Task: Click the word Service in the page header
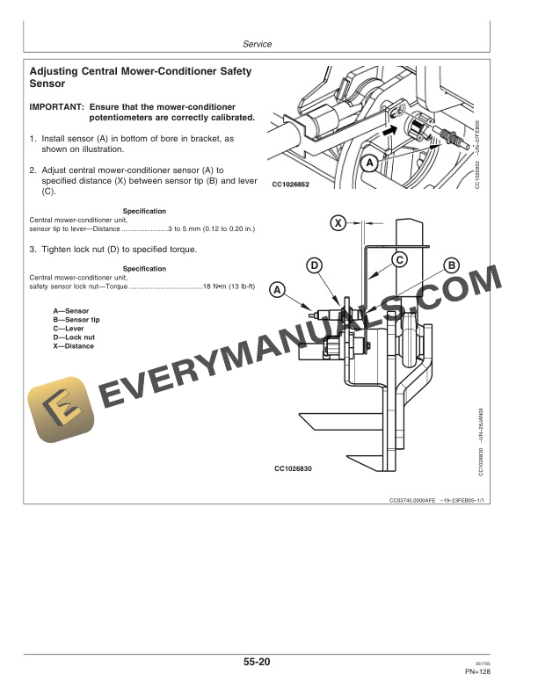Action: click(x=256, y=44)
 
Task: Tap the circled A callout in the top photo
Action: click(x=370, y=163)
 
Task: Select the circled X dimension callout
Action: click(x=338, y=223)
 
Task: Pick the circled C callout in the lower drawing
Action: click(x=398, y=259)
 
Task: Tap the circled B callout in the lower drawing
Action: click(x=451, y=265)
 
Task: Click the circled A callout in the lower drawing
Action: click(x=278, y=288)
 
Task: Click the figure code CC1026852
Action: click(x=292, y=185)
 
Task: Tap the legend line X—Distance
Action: click(x=73, y=346)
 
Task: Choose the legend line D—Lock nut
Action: click(x=74, y=337)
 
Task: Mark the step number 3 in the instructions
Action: click(x=32, y=249)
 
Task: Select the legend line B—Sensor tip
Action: click(x=76, y=320)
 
